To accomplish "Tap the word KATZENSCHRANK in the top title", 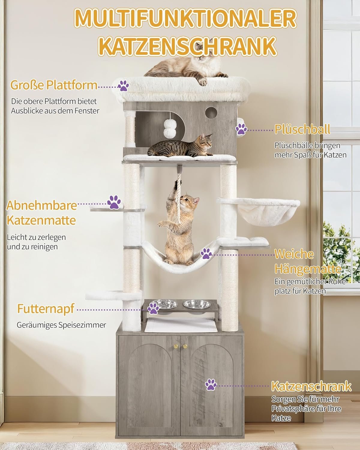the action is point(187,46).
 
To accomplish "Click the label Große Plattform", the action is point(54,85).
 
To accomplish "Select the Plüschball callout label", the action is point(302,129).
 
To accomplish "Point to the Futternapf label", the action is point(46,309).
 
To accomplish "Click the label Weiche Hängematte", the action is point(307,261).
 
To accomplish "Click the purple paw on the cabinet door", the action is point(211,385).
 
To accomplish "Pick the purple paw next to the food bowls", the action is point(153,309).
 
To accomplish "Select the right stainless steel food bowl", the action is point(197,304).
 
